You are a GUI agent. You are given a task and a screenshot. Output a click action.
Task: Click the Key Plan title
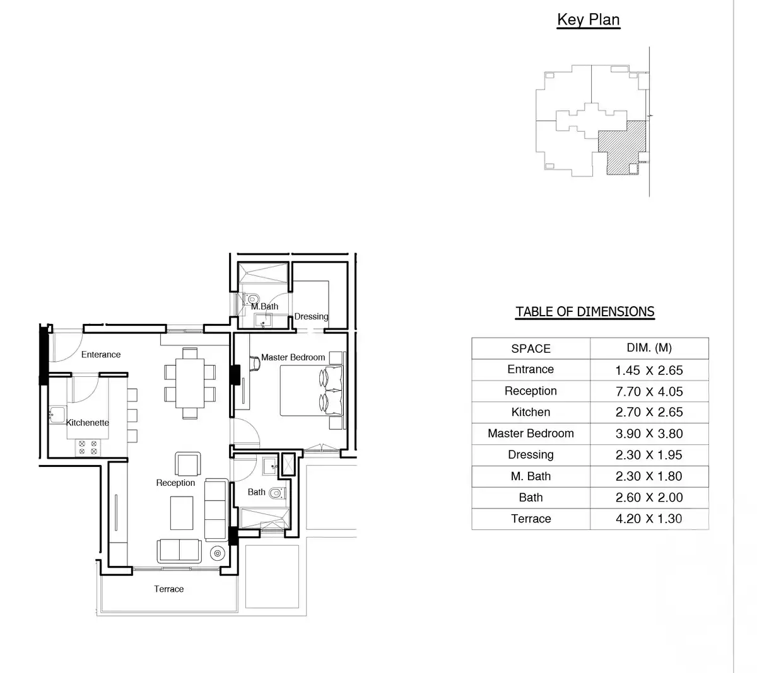(x=588, y=20)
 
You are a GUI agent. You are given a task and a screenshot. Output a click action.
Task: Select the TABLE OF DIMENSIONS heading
(x=585, y=312)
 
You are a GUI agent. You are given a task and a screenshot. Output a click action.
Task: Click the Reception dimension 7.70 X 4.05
(x=649, y=391)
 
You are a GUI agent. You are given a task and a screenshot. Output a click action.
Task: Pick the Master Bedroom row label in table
(x=531, y=434)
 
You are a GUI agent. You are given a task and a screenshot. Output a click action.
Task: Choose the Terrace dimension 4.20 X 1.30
(x=649, y=519)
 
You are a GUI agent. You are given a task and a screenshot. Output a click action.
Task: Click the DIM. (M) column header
(x=649, y=348)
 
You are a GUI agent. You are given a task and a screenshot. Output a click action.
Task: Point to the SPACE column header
(x=531, y=348)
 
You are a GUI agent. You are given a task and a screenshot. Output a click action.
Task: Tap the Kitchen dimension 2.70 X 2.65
(x=649, y=412)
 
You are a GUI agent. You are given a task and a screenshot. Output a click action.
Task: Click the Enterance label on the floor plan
(x=101, y=355)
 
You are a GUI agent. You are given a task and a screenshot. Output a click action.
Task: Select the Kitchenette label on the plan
(x=88, y=423)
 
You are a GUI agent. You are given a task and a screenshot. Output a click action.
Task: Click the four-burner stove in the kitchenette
(x=88, y=447)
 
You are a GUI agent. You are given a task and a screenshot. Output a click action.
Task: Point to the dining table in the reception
(x=190, y=383)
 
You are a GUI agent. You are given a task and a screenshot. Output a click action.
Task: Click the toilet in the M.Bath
(x=253, y=299)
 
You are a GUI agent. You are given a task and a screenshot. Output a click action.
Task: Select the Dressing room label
(x=311, y=316)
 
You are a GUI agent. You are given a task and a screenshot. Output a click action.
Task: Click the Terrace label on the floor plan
(x=169, y=589)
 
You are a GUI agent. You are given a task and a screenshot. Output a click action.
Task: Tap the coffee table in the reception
(x=182, y=513)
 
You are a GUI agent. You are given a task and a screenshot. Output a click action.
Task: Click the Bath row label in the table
(x=531, y=498)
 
